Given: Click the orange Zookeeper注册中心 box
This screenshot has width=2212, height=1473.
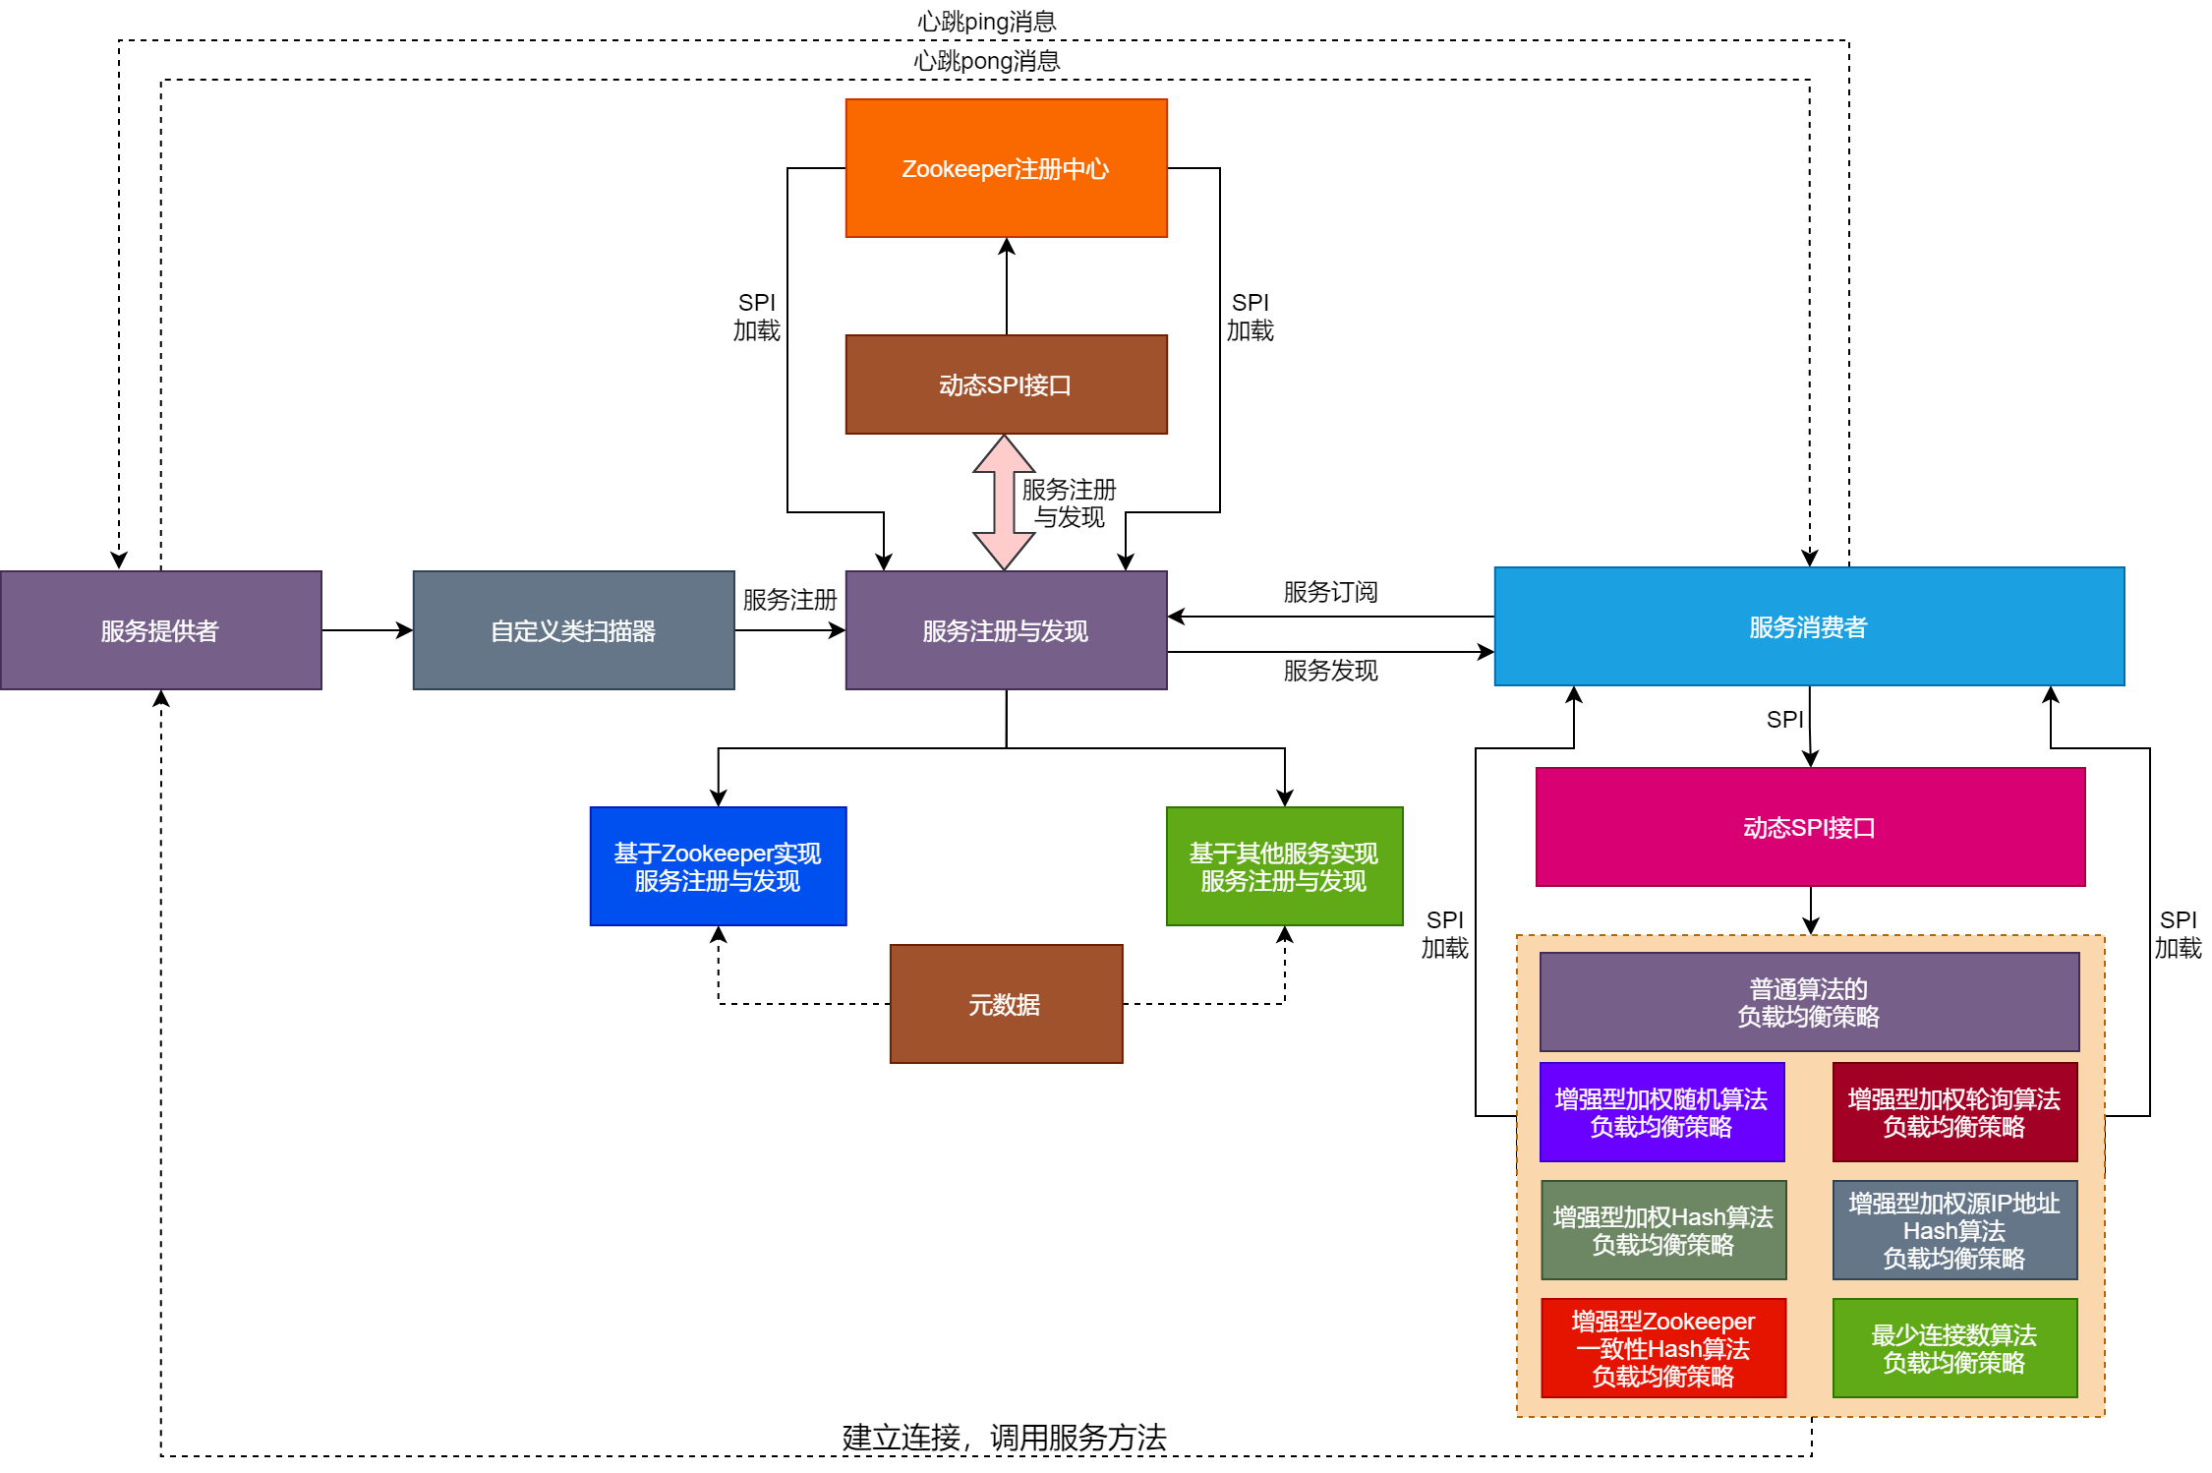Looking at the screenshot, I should [1006, 168].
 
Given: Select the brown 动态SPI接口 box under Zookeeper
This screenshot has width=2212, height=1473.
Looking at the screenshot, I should [1006, 384].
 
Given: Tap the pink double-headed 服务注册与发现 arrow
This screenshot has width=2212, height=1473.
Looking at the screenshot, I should [1003, 502].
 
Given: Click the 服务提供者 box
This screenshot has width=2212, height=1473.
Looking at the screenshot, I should [160, 630].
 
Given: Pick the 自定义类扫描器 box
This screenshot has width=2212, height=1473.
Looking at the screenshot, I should [573, 630].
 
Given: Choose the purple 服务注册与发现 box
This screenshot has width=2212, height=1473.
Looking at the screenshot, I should [1006, 630].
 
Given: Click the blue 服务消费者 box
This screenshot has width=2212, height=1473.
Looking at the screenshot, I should [1808, 626].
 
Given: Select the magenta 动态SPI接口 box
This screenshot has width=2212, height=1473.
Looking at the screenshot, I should [1809, 827].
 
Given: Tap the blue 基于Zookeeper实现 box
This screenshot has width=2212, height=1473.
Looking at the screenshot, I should [718, 866].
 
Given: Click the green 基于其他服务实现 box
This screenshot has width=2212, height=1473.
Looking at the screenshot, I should [1284, 866].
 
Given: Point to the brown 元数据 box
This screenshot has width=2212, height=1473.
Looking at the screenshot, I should [1006, 1004].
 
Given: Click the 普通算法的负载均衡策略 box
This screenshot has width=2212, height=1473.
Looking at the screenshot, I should [1808, 1002].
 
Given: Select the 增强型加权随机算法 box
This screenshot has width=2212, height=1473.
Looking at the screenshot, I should [1661, 1112].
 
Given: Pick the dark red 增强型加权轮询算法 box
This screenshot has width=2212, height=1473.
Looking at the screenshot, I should [1954, 1112].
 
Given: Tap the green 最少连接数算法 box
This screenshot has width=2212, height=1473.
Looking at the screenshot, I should [1954, 1348].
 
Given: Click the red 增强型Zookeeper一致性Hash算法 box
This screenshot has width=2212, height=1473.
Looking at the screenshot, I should [1662, 1348].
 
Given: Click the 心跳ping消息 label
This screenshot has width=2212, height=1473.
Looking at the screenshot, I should [986, 21].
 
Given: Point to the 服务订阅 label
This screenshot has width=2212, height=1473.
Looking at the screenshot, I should [1330, 592].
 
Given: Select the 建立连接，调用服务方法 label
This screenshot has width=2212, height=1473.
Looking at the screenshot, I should [1004, 1437].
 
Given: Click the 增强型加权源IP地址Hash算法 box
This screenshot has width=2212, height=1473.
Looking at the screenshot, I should [1954, 1230].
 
